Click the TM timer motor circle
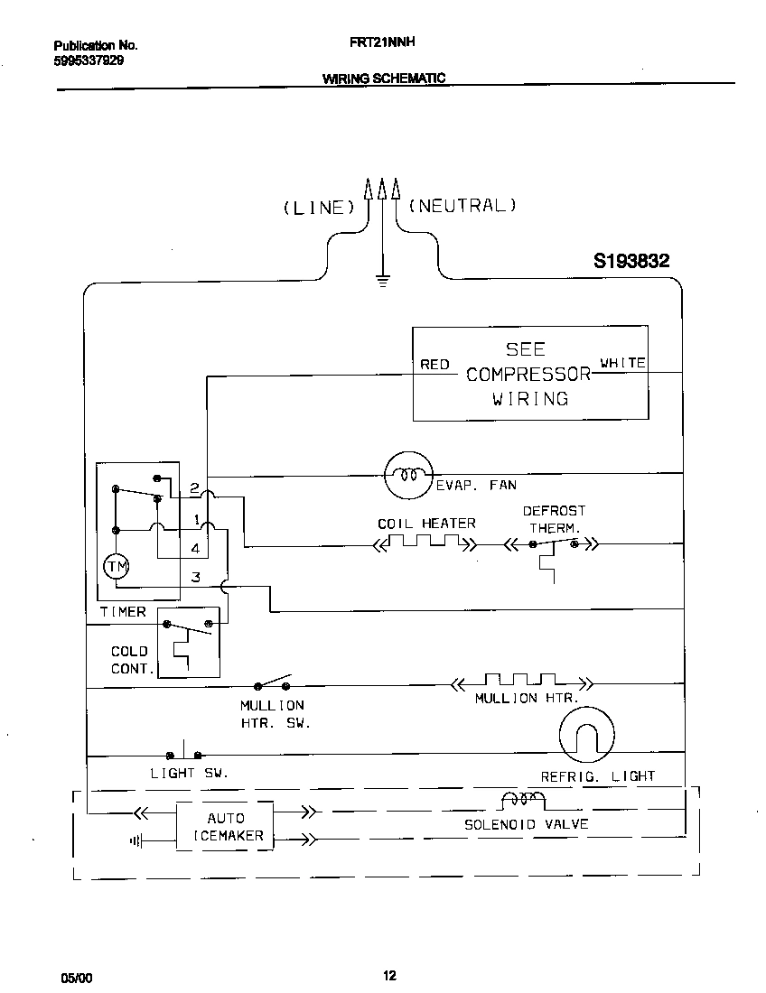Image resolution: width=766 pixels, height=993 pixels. point(117,566)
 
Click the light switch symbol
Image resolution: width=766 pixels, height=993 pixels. point(184,753)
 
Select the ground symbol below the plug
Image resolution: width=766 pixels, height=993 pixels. point(382,279)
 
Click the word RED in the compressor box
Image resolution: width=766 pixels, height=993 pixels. point(434,365)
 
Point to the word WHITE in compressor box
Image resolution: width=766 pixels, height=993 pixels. point(622,363)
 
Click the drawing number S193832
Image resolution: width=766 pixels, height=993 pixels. point(631,261)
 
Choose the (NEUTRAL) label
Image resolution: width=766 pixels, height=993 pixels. point(462,205)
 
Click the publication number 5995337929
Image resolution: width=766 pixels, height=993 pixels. point(89,61)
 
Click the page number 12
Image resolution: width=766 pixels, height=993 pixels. point(389,975)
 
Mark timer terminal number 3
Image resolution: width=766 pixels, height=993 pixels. point(195,578)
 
